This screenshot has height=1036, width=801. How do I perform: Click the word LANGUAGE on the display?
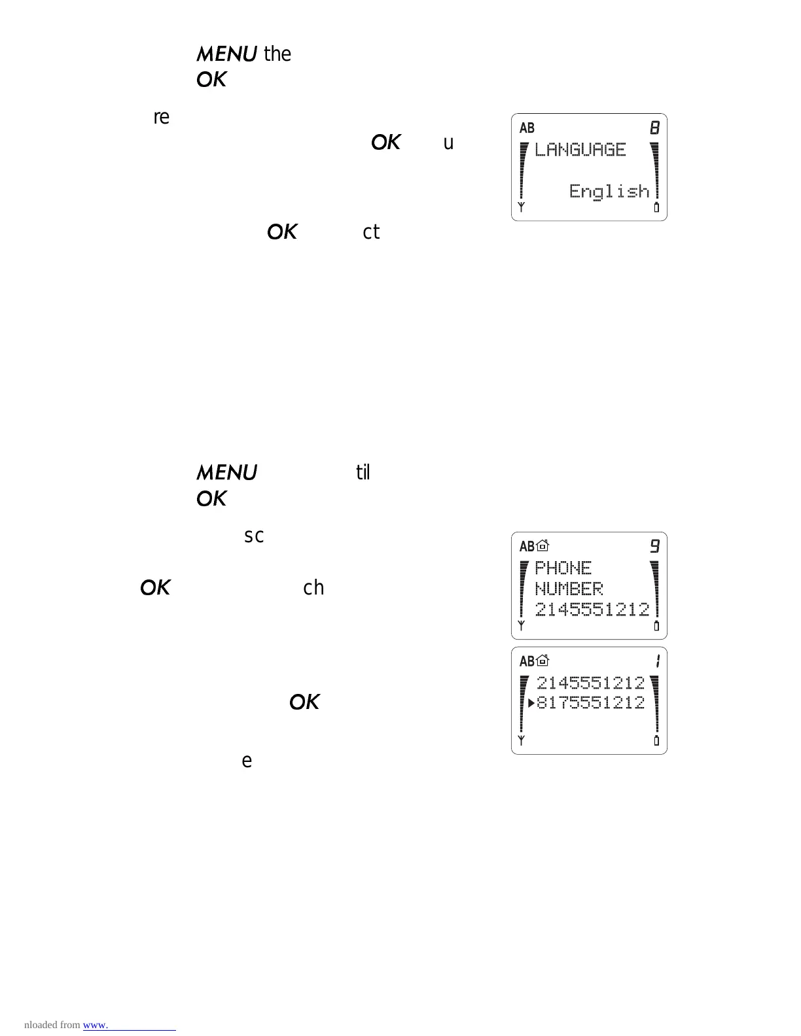click(580, 150)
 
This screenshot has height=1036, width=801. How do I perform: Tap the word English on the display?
click(609, 191)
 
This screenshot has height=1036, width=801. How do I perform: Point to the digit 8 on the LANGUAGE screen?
click(654, 128)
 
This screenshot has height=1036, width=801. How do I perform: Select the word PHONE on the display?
click(563, 568)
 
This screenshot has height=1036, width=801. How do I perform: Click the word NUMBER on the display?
click(569, 589)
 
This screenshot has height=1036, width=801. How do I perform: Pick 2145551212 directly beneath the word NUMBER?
click(592, 610)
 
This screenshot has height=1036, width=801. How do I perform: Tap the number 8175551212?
click(591, 703)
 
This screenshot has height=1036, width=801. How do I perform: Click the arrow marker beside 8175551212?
click(531, 703)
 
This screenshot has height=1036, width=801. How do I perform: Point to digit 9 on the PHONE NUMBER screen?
click(654, 546)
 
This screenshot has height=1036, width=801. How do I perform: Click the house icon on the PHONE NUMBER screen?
click(543, 546)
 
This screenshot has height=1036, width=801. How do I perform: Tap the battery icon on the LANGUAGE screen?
click(656, 208)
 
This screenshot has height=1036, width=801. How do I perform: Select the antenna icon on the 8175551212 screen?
click(522, 740)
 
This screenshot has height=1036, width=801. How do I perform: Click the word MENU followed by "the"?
click(226, 54)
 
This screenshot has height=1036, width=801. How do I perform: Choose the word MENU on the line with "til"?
click(226, 472)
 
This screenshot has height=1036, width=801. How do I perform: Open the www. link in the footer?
click(96, 1025)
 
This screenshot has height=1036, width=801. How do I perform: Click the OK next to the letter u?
click(385, 143)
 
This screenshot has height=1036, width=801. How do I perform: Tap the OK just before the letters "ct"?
click(282, 232)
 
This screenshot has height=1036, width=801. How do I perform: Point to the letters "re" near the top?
click(161, 118)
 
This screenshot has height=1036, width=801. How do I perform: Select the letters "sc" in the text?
click(254, 536)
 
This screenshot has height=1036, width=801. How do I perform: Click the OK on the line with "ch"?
click(155, 587)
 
